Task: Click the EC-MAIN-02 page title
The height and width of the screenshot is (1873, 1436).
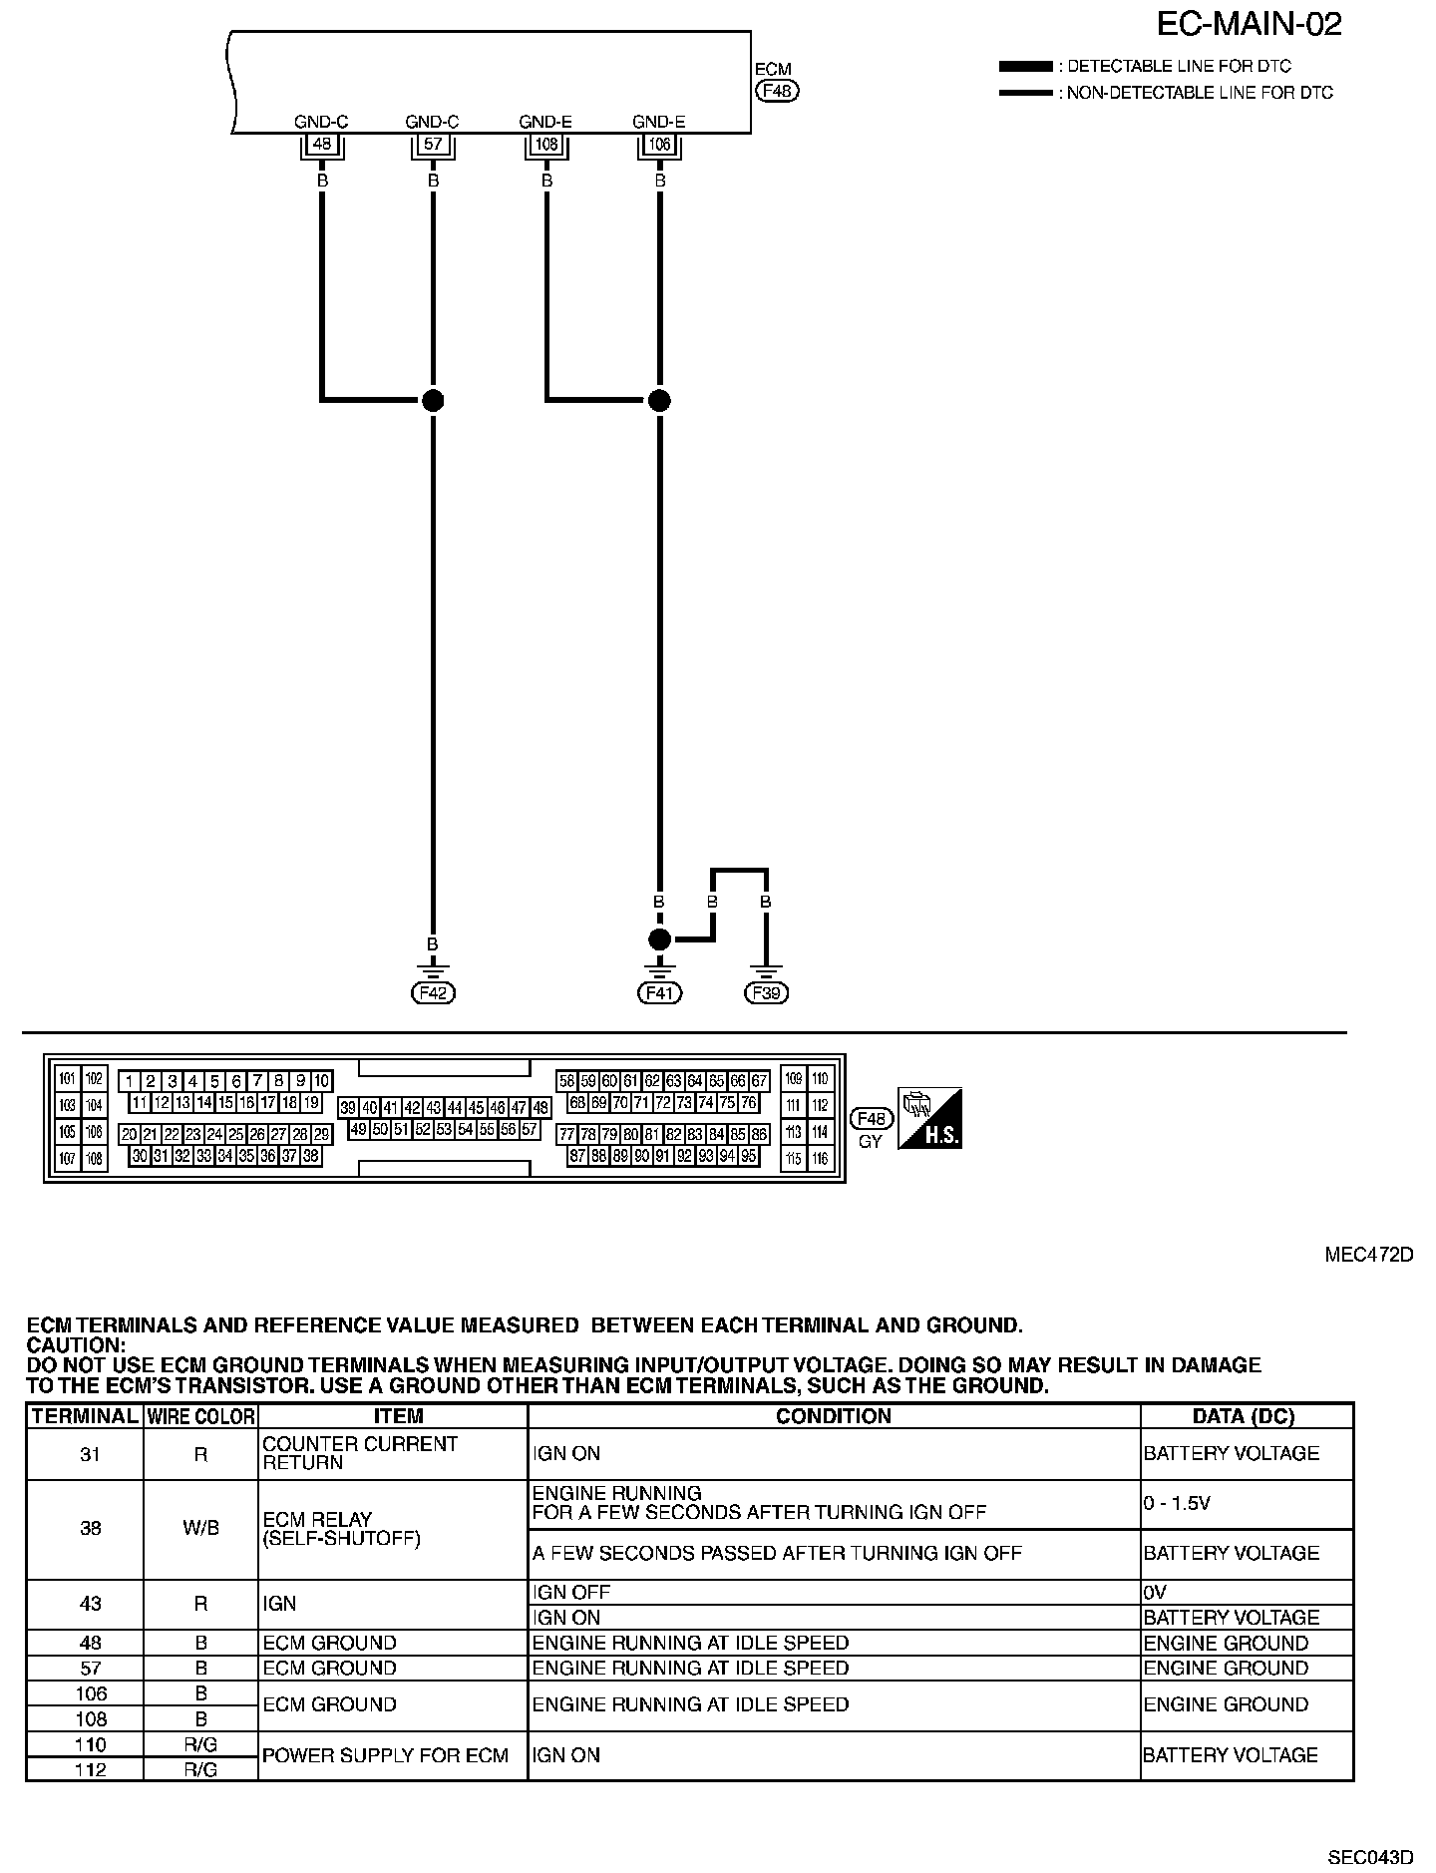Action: (1250, 24)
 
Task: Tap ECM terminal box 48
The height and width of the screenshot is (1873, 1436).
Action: (321, 145)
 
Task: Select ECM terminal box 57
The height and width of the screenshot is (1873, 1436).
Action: (433, 145)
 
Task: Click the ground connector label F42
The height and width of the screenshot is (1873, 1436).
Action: (433, 993)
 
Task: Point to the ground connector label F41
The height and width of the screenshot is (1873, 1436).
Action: (659, 993)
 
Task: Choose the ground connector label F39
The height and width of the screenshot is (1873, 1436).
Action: (766, 993)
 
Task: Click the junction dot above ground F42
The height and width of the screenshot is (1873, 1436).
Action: (433, 401)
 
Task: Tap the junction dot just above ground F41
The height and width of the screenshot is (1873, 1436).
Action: (659, 939)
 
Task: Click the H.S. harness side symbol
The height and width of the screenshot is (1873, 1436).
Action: (929, 1118)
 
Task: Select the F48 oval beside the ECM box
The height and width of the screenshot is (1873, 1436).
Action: (777, 91)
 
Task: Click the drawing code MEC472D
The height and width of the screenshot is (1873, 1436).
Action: (1368, 1255)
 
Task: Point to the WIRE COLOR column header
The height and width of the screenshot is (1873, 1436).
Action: (200, 1416)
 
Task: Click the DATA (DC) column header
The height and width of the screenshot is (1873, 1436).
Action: (1247, 1416)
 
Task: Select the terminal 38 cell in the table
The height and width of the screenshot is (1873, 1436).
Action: (90, 1529)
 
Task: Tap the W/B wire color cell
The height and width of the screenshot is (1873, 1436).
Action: (200, 1529)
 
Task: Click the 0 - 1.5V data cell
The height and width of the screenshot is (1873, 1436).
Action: (1247, 1504)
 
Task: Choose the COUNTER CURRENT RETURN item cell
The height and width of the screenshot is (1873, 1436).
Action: (360, 1453)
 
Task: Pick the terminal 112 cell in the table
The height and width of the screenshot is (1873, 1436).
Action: (90, 1769)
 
